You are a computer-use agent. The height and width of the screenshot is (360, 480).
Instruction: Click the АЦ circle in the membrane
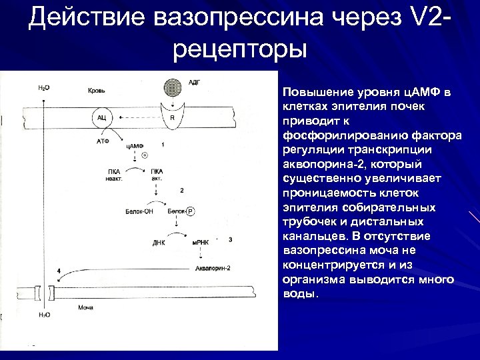[102, 117]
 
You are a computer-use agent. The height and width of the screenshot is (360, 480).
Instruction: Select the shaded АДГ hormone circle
[173, 88]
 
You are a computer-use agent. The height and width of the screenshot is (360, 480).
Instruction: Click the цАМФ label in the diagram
[135, 145]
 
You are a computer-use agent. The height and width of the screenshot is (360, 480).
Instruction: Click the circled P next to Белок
[190, 211]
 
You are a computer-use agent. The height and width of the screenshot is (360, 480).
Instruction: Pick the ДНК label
[159, 243]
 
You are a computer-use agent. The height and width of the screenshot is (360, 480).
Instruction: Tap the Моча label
[85, 307]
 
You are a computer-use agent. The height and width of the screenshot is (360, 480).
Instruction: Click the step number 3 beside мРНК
[230, 239]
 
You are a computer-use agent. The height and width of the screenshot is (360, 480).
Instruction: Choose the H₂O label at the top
[43, 88]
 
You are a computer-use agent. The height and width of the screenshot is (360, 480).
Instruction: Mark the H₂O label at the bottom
[44, 315]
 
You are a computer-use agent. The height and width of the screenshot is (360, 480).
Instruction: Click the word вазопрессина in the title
[224, 19]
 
